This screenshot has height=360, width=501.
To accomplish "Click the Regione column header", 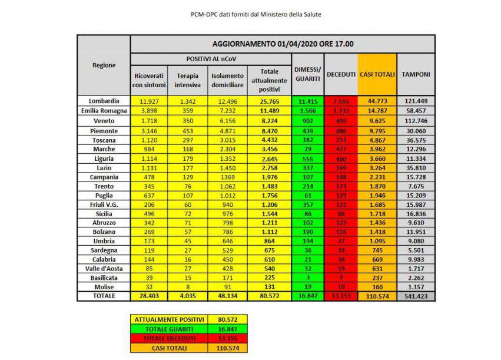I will coord(104,65).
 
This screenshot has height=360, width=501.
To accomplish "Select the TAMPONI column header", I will coord(416,74).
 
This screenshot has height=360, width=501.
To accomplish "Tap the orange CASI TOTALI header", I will coord(377,74).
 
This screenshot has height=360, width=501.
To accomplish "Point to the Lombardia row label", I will coord(104,101).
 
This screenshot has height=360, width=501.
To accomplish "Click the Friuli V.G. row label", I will coord(104,204).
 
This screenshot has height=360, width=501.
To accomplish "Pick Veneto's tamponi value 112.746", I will coord(416,120).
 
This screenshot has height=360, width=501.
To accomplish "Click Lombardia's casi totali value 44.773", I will coord(377,101).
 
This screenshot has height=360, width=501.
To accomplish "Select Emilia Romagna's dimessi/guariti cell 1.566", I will coord(306,111).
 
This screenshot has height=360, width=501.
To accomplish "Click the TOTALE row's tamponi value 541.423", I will coord(416,296).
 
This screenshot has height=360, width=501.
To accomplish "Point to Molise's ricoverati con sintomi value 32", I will coord(148,286).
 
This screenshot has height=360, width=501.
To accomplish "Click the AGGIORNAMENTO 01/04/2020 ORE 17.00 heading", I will coord(283,44).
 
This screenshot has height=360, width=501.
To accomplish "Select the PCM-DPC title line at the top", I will coord(250,13).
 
